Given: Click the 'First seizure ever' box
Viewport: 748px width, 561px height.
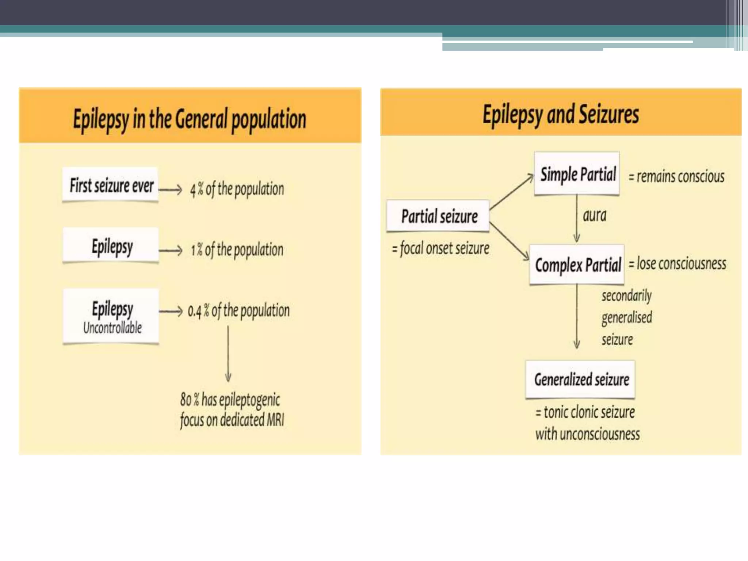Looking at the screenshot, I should [x=111, y=185].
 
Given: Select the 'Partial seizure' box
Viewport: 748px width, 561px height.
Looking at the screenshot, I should [x=439, y=216].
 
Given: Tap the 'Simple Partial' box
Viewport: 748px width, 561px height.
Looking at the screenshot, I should [x=577, y=174].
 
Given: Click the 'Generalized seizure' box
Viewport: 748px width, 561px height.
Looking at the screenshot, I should [x=581, y=379].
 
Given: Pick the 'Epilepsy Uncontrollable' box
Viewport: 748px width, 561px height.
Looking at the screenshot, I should [x=111, y=316].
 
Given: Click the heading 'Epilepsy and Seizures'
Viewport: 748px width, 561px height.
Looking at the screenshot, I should [x=561, y=115].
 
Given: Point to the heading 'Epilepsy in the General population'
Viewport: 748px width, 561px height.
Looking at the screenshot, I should [x=190, y=119].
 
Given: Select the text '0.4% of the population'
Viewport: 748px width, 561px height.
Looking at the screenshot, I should [x=238, y=311].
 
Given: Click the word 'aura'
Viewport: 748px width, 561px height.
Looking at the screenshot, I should [x=594, y=215].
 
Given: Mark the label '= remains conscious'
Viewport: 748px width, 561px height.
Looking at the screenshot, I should [x=676, y=177].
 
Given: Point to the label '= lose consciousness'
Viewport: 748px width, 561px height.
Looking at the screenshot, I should [x=678, y=264].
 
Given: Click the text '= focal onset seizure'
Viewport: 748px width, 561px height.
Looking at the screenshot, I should [x=440, y=249].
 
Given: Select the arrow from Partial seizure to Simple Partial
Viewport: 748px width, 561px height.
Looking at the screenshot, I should [x=511, y=192].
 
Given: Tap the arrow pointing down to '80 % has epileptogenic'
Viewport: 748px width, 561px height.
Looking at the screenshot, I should [x=228, y=354].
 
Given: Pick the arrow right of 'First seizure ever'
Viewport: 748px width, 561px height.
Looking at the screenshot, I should [x=170, y=190].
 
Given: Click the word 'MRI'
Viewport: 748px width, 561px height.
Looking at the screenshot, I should [x=275, y=420].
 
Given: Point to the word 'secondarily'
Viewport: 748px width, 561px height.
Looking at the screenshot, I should [x=626, y=295].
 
